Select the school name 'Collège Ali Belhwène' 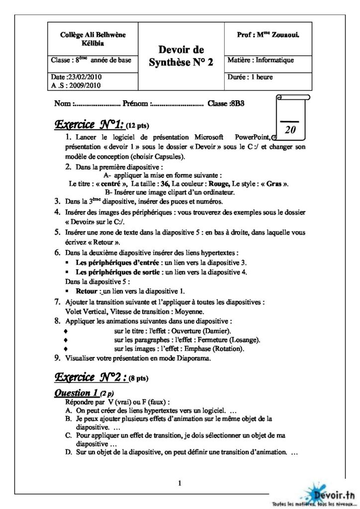86,35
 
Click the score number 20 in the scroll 291,130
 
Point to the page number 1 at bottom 180,483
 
